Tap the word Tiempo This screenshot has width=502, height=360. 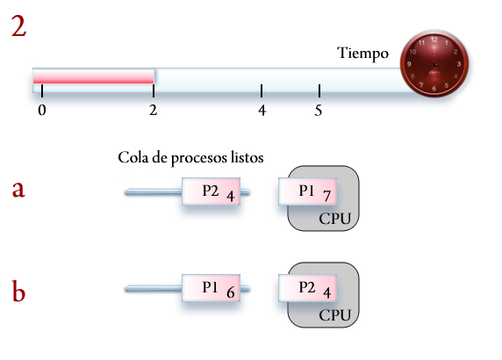(x=362, y=54)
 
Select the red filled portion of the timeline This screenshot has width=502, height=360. (x=94, y=77)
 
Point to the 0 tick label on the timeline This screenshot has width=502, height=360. (x=41, y=111)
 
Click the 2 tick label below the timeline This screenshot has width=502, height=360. (x=154, y=111)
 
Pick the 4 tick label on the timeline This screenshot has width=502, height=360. (x=262, y=111)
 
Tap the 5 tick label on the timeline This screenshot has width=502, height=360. (x=319, y=111)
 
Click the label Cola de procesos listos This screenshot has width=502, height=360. (x=191, y=157)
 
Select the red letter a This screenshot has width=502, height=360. (x=19, y=190)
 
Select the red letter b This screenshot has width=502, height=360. (x=19, y=290)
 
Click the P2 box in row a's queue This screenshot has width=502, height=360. (x=212, y=192)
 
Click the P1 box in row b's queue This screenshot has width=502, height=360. (x=212, y=289)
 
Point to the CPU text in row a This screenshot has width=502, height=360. (x=336, y=218)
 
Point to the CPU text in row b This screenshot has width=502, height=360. (x=336, y=314)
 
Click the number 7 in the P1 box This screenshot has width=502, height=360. (x=326, y=196)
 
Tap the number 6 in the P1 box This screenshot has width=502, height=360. (x=230, y=292)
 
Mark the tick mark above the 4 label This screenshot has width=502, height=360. (x=262, y=90)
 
